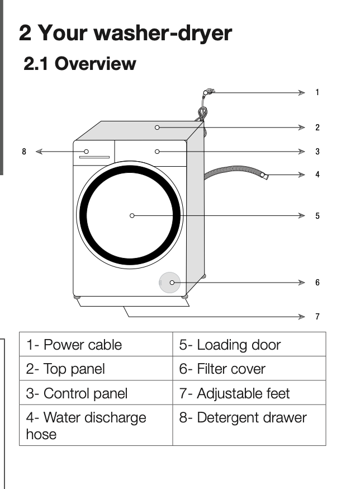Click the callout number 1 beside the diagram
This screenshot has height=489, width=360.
pos(318,92)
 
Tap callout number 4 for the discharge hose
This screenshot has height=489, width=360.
pos(318,175)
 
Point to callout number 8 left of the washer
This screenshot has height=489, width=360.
pos(24,152)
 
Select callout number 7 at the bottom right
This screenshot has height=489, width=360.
pos(318,317)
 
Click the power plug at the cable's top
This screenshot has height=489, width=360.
pos(208,91)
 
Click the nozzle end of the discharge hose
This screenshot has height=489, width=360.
pos(264,176)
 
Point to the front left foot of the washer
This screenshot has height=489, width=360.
pos(77,297)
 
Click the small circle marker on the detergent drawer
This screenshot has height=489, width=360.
pos(87,152)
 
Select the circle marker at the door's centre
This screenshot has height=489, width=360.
pos(132,215)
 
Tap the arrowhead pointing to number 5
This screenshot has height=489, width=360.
pos(302,215)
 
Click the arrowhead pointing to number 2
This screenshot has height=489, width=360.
pos(302,128)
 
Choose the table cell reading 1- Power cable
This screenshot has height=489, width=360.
pos(96,345)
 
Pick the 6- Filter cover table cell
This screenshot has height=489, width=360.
pos(249,369)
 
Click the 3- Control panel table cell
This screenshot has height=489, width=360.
pos(96,393)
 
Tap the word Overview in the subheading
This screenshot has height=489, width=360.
pos(95,64)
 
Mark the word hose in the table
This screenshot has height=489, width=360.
pos(41,434)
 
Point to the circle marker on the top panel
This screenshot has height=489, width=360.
pos(157,128)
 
